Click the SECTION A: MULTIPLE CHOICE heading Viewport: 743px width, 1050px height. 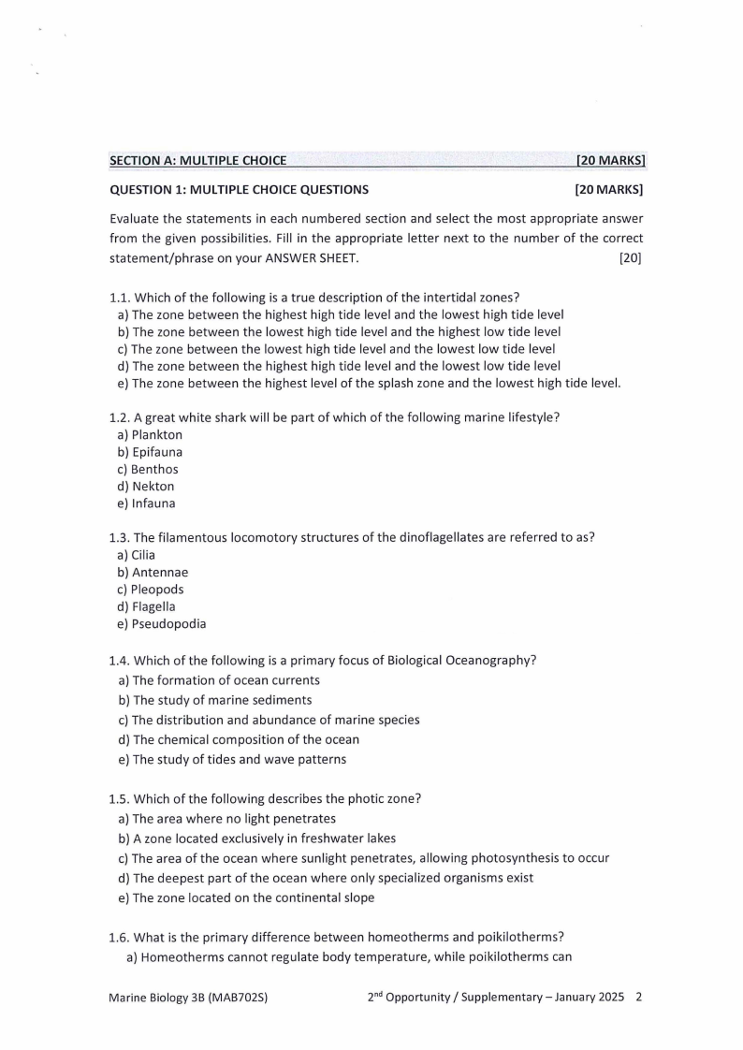coord(198,161)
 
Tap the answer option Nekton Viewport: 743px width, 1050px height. coord(153,487)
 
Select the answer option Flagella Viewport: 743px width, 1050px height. coord(153,606)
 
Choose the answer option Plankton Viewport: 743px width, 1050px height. coord(156,435)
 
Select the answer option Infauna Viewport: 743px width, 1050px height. coord(153,503)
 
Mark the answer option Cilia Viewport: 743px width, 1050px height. coord(143,555)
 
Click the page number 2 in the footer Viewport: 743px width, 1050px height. coord(638,998)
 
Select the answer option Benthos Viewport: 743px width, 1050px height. coord(154,470)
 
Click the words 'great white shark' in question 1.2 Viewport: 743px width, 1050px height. coord(191,417)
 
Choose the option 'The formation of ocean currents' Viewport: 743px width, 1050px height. coord(226,680)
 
